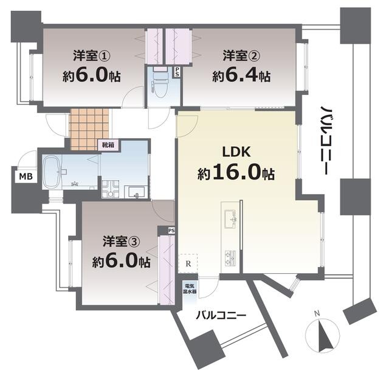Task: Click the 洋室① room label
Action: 92,55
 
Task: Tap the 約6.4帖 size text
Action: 241,75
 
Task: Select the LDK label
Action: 236,151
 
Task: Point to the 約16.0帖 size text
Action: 236,173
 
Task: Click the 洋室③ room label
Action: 122,241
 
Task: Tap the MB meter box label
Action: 26,176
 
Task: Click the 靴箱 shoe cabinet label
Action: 108,145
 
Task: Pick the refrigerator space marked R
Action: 188,263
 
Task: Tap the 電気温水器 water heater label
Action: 190,288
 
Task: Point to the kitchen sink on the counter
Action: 230,219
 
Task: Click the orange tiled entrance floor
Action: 89,129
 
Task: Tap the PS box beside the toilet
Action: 177,72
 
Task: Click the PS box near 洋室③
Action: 171,231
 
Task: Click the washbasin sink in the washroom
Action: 136,192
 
